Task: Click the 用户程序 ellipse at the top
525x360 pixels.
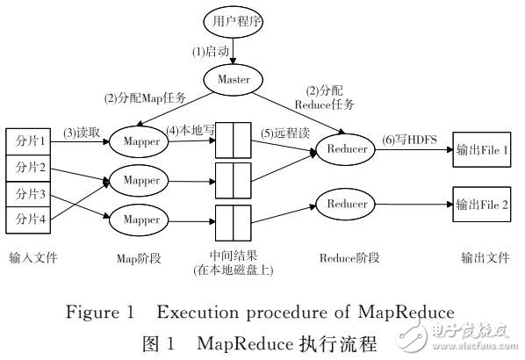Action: [x=233, y=21]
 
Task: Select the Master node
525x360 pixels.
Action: [x=233, y=80]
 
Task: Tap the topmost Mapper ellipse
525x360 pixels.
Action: [x=141, y=140]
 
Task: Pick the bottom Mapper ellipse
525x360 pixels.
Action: [x=141, y=216]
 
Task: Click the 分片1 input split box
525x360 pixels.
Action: [x=30, y=140]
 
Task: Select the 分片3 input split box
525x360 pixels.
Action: [x=30, y=193]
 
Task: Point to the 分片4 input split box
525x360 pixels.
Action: [x=30, y=220]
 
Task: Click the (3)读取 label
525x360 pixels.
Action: [x=82, y=132]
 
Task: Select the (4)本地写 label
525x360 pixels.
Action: [x=193, y=132]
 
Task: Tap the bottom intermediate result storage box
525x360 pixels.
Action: [x=234, y=216]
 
